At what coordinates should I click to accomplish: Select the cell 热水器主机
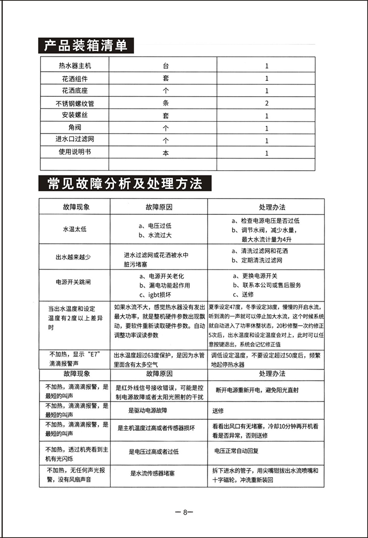click(x=75, y=66)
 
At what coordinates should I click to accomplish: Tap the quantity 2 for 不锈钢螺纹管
click(x=267, y=103)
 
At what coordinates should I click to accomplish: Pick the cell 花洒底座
click(x=75, y=91)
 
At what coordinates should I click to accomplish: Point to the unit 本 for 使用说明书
click(x=165, y=153)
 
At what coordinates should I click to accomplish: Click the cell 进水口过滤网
click(x=75, y=140)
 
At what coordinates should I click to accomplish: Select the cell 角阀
click(x=75, y=128)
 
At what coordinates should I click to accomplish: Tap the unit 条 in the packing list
click(x=165, y=103)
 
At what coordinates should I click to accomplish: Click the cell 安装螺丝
click(x=75, y=115)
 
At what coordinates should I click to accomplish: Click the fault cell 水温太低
click(x=75, y=229)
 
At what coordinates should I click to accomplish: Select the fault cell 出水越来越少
click(x=75, y=257)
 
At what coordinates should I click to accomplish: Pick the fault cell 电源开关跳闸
click(x=75, y=282)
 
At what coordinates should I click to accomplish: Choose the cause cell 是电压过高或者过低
click(x=154, y=451)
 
